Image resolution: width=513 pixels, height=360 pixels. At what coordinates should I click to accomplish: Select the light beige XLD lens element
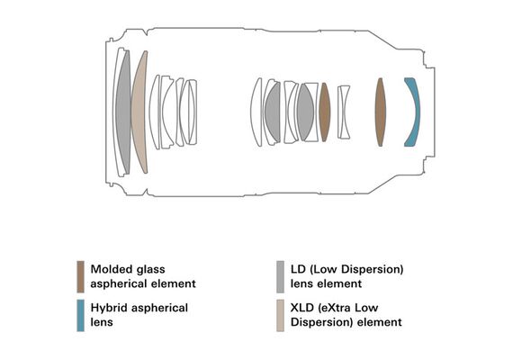click(139, 112)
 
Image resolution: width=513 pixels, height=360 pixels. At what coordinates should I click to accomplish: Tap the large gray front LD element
click(123, 112)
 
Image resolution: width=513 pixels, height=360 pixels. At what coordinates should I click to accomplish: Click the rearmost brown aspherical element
click(380, 112)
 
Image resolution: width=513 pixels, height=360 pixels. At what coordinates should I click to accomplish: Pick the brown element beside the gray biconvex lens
click(324, 112)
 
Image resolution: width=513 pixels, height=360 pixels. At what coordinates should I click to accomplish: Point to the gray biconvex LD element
click(305, 112)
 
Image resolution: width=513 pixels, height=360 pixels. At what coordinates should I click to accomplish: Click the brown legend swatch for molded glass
click(80, 276)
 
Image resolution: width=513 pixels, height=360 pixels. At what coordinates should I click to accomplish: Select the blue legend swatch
click(80, 315)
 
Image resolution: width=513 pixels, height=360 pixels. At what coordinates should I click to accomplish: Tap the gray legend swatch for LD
click(280, 276)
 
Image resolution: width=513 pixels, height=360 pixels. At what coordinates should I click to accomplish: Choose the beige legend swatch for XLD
click(280, 315)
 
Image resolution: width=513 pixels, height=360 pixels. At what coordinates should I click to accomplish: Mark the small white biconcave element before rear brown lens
click(344, 112)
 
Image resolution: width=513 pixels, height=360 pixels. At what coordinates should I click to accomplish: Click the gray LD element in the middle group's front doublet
click(273, 112)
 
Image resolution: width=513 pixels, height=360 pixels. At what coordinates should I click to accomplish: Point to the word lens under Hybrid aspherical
click(102, 322)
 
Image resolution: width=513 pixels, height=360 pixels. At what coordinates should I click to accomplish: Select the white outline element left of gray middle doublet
click(256, 112)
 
